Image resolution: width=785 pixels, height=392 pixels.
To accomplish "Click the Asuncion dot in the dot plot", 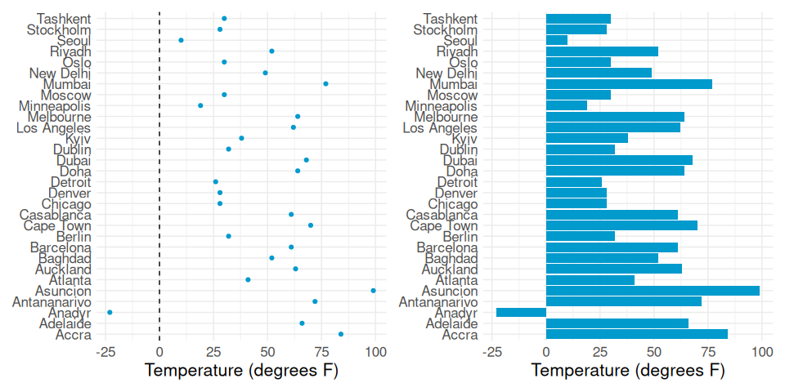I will point(374,291).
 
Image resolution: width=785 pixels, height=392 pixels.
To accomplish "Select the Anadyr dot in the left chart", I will point(110,312).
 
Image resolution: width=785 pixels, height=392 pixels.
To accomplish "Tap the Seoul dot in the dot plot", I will point(181,40).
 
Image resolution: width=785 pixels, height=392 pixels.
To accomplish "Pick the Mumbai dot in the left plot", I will point(325,83).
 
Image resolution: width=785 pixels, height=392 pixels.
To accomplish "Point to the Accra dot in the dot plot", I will point(341,334).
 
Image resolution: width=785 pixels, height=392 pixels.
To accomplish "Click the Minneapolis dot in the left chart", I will point(200,105).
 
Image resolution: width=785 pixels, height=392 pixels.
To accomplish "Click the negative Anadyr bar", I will point(521,312).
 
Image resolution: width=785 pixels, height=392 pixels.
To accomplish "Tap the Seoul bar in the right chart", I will point(557,40).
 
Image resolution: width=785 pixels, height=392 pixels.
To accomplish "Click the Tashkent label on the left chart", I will point(64,18).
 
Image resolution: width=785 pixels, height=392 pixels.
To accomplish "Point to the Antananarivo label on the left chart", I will point(52,301).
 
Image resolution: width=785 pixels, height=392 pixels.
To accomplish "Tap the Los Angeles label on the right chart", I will point(441,127).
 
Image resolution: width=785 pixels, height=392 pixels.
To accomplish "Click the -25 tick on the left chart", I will point(105,352).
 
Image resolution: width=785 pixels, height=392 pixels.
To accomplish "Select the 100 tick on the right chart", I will point(762,352).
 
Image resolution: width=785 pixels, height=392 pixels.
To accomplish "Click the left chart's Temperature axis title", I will point(241,371).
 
